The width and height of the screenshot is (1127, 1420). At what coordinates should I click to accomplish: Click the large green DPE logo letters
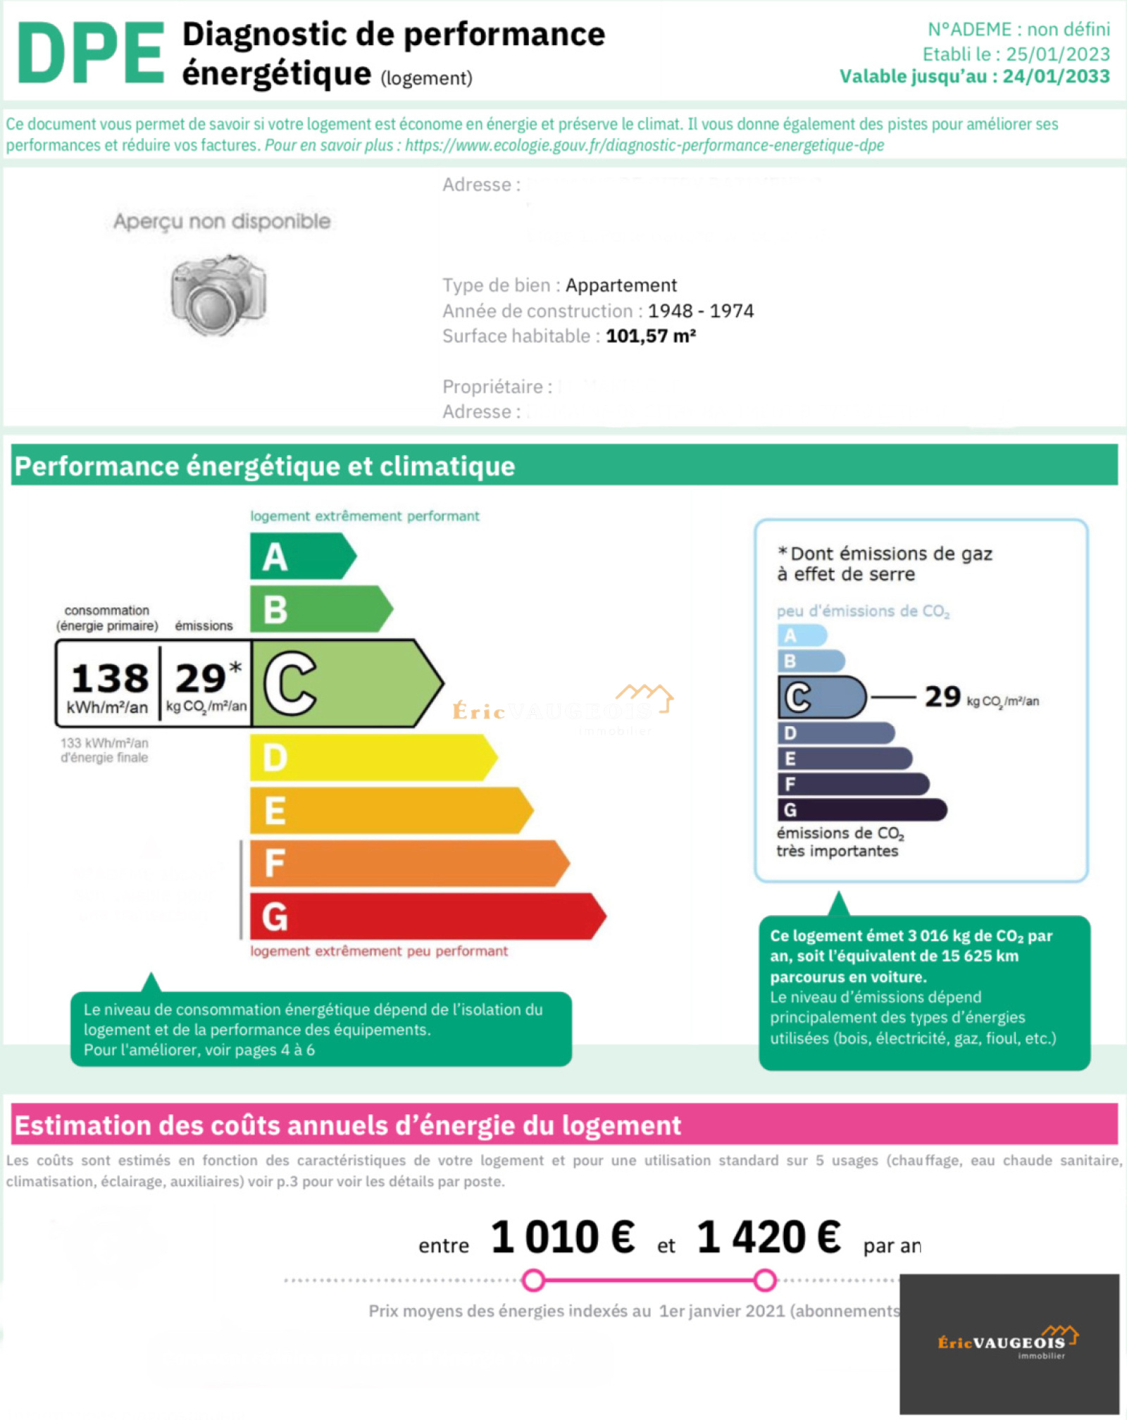pyautogui.click(x=90, y=53)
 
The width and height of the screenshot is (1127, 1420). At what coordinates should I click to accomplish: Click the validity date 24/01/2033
pyautogui.click(x=1056, y=76)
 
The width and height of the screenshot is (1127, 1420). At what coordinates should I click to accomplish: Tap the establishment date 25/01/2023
pyautogui.click(x=1057, y=54)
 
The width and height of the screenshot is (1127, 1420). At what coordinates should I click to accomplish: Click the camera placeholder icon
pyautogui.click(x=218, y=295)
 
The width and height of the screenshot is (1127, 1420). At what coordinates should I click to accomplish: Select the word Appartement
pyautogui.click(x=621, y=285)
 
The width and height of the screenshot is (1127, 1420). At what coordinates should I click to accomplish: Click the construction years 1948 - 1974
pyautogui.click(x=700, y=311)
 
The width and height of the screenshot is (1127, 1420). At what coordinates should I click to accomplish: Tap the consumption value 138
pyautogui.click(x=110, y=678)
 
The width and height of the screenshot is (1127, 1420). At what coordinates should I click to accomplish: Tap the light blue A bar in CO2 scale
pyautogui.click(x=802, y=635)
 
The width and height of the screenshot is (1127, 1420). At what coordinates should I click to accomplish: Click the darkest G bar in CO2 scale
pyautogui.click(x=861, y=810)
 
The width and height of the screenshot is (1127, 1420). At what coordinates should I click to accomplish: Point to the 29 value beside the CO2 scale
pyautogui.click(x=942, y=697)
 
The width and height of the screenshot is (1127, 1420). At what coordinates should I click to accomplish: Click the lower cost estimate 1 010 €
pyautogui.click(x=562, y=1238)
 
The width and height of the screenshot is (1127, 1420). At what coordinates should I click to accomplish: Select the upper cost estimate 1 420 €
pyautogui.click(x=768, y=1238)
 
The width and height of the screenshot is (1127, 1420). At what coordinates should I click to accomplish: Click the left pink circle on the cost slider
pyautogui.click(x=534, y=1280)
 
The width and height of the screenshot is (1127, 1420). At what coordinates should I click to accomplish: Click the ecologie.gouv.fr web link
pyautogui.click(x=644, y=145)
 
